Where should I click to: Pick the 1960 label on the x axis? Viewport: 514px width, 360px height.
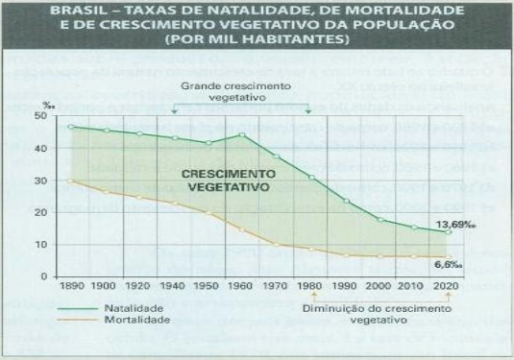(241, 288)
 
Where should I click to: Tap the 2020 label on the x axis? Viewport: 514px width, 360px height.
(446, 288)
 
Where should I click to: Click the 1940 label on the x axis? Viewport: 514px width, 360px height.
(175, 288)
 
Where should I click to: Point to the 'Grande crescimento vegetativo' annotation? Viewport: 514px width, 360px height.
(239, 92)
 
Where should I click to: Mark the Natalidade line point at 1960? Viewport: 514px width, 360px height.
(242, 134)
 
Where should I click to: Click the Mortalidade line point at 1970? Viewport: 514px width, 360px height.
(276, 244)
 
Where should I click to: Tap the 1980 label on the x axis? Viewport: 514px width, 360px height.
(309, 288)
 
